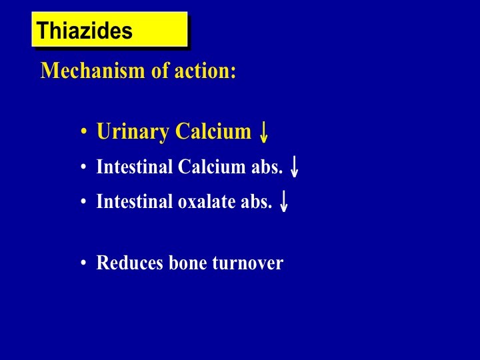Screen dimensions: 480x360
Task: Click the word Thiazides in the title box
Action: tap(84, 30)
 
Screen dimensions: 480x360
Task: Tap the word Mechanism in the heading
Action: tap(93, 71)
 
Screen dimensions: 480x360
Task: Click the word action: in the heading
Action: tap(205, 71)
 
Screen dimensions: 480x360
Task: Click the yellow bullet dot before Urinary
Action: tap(83, 131)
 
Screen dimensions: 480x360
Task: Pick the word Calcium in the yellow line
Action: tap(213, 131)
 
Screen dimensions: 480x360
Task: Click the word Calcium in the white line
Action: tap(211, 167)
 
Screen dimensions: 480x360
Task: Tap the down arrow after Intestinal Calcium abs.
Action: tap(294, 167)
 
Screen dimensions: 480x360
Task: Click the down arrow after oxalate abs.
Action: tap(284, 201)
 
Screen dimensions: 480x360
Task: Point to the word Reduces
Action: tap(129, 263)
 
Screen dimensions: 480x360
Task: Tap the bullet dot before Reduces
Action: tap(83, 263)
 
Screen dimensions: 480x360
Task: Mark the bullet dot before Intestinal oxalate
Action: tap(83, 201)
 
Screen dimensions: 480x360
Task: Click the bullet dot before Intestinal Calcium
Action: tap(83, 167)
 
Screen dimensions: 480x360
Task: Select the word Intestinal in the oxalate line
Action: tap(135, 201)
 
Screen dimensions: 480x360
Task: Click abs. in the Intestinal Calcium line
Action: tap(267, 167)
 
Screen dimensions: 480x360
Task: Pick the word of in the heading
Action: tap(160, 71)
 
